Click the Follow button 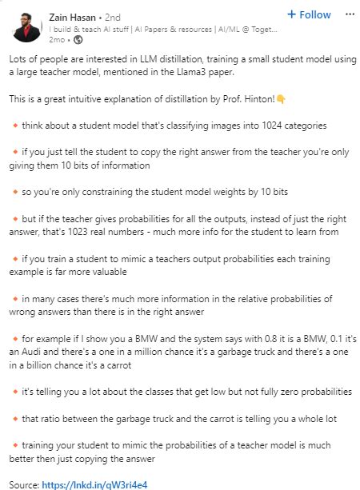[x=308, y=14]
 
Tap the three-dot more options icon [x=349, y=14]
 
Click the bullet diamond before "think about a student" [x=16, y=125]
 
